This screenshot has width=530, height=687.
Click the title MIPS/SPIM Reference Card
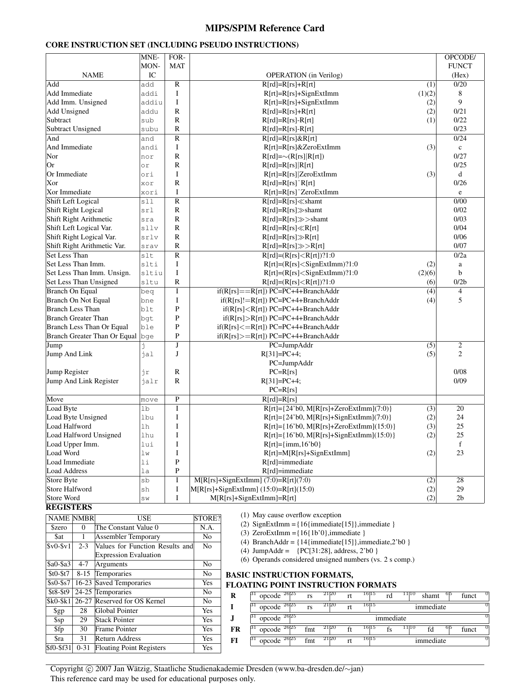[x=264, y=28]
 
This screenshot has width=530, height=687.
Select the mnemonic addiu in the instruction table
[x=151, y=102]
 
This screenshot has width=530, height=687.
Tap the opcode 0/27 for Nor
[x=460, y=156]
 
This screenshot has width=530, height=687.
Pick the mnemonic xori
[x=149, y=192]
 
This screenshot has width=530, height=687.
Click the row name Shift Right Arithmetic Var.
[x=86, y=246]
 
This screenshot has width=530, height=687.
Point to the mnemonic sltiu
[x=151, y=273]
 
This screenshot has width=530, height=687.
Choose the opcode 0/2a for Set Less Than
[x=460, y=255]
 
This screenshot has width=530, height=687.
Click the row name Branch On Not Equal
[x=78, y=300]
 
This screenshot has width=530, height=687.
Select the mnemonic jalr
[x=149, y=381]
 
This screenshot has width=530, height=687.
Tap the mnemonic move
[x=149, y=399]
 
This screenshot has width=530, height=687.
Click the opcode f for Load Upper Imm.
[x=460, y=444]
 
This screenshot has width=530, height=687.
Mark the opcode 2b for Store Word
[x=460, y=498]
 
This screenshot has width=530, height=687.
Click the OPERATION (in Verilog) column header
[x=304, y=75]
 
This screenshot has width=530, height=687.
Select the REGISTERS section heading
[x=69, y=507]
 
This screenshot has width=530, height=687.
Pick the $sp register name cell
[x=59, y=620]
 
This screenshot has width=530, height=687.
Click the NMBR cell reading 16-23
[x=83, y=583]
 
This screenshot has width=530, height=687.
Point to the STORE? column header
[x=207, y=518]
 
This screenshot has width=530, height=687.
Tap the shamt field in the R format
[x=430, y=596]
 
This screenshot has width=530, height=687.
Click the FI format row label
[x=234, y=640]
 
